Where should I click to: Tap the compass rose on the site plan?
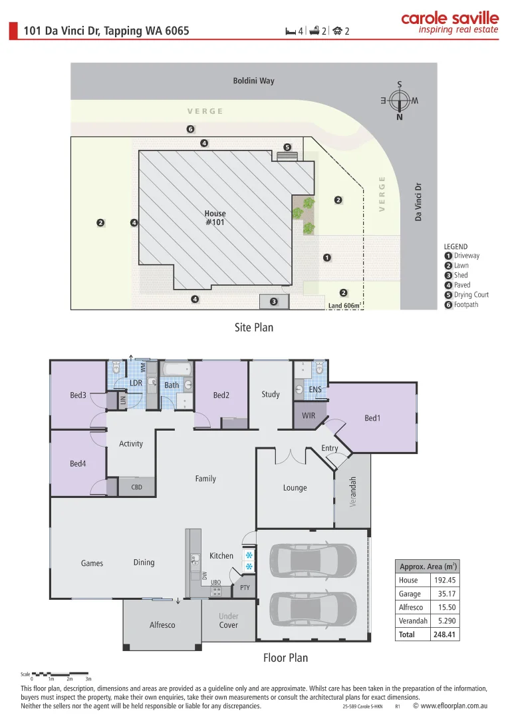click(400, 101)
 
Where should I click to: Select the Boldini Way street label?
click(253, 81)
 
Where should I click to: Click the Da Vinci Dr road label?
click(418, 202)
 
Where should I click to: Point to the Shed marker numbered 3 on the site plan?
click(273, 302)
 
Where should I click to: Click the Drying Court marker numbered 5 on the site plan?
click(287, 147)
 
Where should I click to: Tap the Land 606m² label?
click(344, 306)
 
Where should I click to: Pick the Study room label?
click(271, 394)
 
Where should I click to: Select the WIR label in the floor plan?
click(309, 415)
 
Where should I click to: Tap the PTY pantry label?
click(244, 587)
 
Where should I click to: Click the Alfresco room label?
click(162, 624)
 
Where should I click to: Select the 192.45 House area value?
click(444, 580)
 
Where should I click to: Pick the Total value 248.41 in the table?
click(444, 634)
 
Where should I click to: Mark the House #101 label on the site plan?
click(215, 218)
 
